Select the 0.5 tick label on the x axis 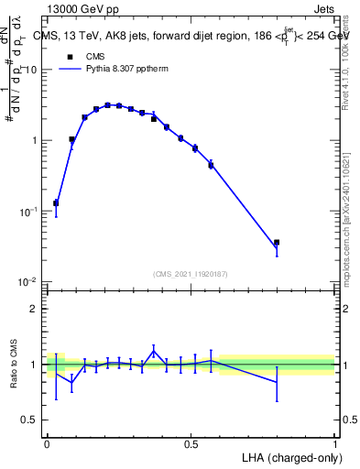click(x=191, y=442)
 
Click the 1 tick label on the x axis click(x=334, y=442)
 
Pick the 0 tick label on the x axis click(x=47, y=442)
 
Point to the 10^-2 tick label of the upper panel click(x=27, y=281)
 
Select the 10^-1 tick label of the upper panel click(x=27, y=211)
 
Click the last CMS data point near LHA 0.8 click(x=277, y=243)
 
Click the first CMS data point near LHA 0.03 click(x=56, y=202)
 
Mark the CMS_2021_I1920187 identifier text click(x=191, y=273)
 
